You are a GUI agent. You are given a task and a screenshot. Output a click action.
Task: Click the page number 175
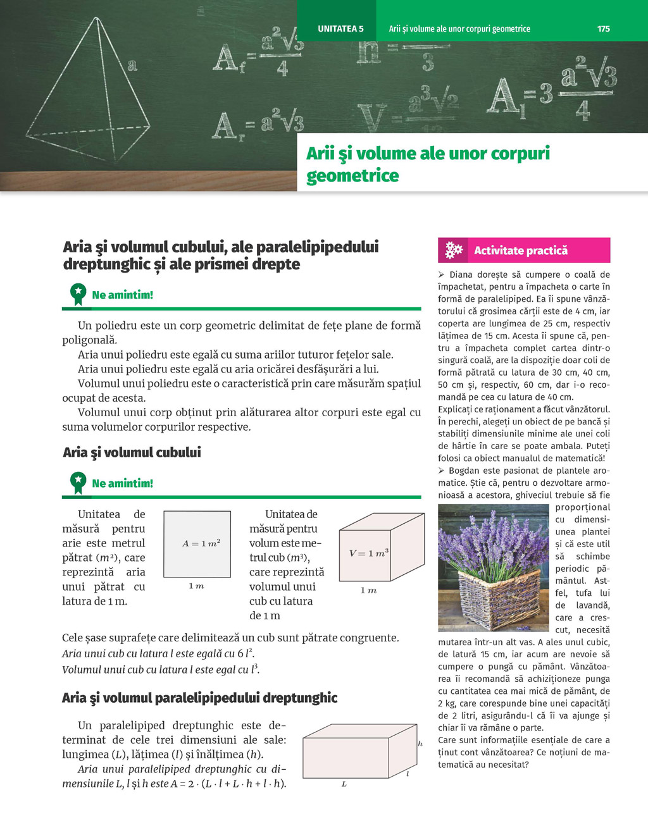point(603,28)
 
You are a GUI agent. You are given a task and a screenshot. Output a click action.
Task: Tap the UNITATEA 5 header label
point(340,28)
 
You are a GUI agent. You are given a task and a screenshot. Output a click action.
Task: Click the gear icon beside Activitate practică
point(454,250)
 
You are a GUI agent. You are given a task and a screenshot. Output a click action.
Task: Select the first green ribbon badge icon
point(78,294)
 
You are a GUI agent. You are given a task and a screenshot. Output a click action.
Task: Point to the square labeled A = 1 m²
point(197,544)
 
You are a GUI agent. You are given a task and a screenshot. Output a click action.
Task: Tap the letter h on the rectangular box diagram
point(420,744)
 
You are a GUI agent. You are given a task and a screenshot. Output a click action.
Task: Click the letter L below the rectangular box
point(344,784)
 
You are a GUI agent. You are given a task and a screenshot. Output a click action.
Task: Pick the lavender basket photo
point(494,568)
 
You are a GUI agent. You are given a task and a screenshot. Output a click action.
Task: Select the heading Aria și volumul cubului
point(132,452)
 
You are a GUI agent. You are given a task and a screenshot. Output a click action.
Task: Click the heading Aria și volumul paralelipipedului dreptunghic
point(199,698)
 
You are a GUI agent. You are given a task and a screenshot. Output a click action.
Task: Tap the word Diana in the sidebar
point(462,275)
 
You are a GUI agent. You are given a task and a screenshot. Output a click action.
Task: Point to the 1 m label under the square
point(196,586)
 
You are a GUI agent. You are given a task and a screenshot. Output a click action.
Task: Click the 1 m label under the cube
point(368,590)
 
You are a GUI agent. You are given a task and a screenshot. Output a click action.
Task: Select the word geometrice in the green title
point(352,175)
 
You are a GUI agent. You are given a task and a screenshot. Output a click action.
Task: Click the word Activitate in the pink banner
point(499,250)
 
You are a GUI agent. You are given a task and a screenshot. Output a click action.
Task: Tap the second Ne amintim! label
point(122,483)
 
